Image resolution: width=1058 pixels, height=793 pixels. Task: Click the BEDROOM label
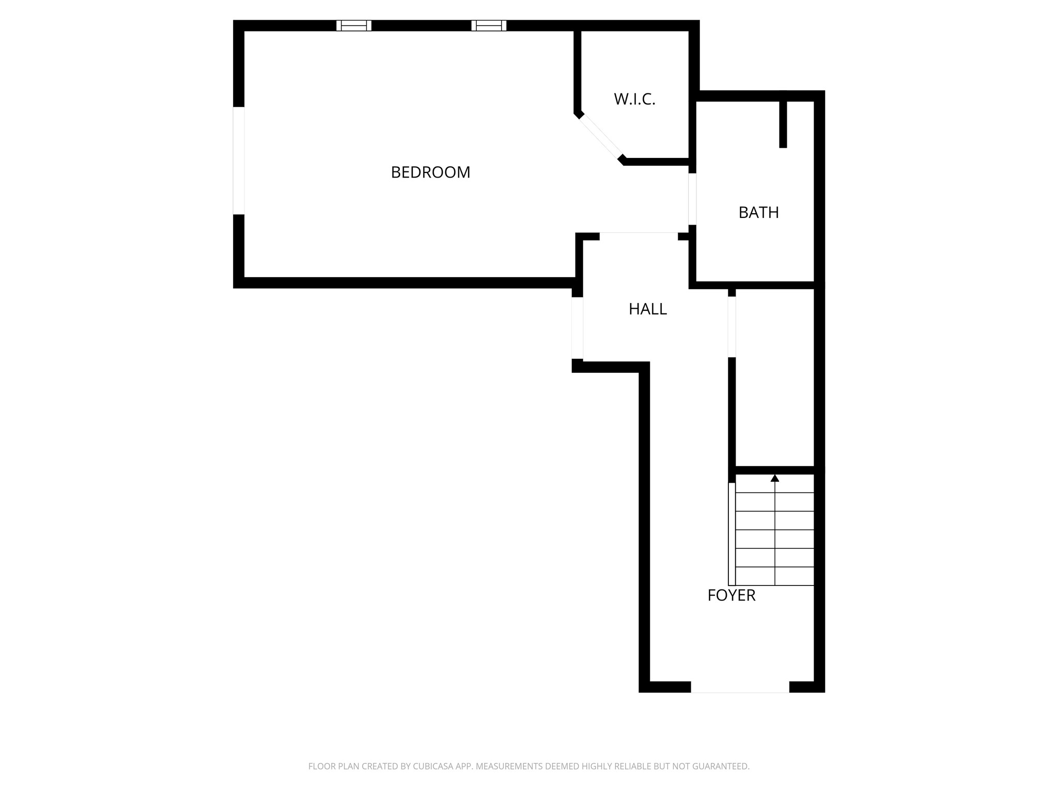pos(430,172)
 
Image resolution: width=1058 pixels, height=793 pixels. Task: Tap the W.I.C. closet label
pos(634,99)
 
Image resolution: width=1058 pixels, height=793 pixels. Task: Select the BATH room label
pos(758,213)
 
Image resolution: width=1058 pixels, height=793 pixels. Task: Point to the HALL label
pos(647,309)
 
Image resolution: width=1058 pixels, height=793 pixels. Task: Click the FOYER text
pos(731,596)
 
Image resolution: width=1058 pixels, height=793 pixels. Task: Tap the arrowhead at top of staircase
pos(774,479)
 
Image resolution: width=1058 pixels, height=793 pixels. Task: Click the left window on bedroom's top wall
pos(354,25)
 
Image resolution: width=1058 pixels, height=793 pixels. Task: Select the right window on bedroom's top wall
pos(489,25)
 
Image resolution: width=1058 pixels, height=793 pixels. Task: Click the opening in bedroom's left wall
pos(239,161)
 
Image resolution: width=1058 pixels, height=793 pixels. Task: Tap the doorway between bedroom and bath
pos(692,199)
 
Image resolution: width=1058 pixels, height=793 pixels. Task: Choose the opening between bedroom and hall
pos(639,236)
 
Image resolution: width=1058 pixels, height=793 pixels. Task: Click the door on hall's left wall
pos(578,328)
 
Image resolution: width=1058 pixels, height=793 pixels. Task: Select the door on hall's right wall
pos(732,327)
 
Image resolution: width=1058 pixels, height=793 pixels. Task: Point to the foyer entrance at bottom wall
pos(740,687)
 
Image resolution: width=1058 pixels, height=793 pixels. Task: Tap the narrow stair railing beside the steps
pos(732,533)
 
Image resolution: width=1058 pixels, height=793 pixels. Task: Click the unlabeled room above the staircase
pos(774,377)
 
